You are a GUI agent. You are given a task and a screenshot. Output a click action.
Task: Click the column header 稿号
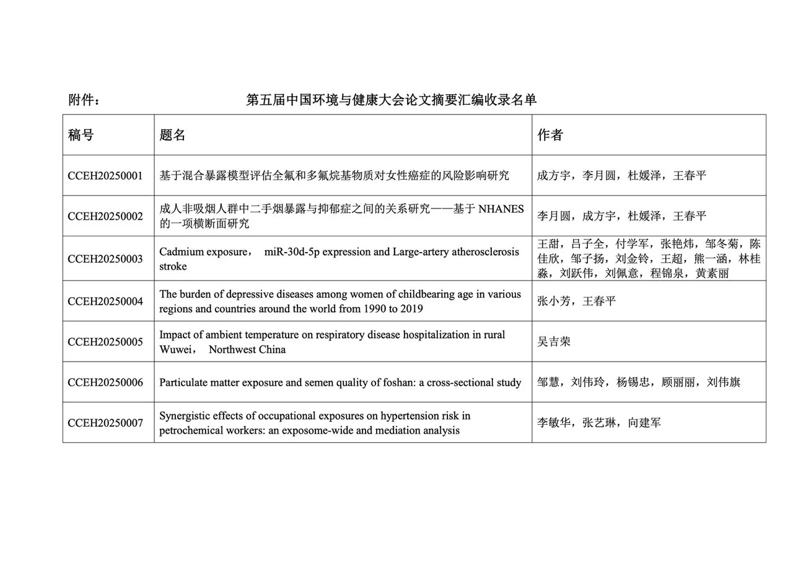coord(81,135)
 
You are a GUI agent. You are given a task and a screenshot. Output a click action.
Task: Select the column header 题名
coord(172,135)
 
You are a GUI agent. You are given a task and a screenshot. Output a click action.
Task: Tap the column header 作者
coord(550,135)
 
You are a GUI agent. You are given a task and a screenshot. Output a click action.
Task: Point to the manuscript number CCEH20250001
coord(105,176)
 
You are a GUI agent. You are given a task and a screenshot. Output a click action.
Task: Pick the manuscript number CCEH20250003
coord(105,259)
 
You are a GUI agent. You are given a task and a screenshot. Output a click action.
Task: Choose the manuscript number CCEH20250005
coord(105,342)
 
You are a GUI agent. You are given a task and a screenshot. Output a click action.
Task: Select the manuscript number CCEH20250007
coord(105,423)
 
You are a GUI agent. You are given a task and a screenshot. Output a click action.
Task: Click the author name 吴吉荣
coord(554,342)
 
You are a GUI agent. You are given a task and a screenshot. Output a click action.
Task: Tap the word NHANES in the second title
coord(501,209)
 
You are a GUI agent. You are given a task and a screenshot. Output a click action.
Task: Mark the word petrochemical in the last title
coord(191,430)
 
